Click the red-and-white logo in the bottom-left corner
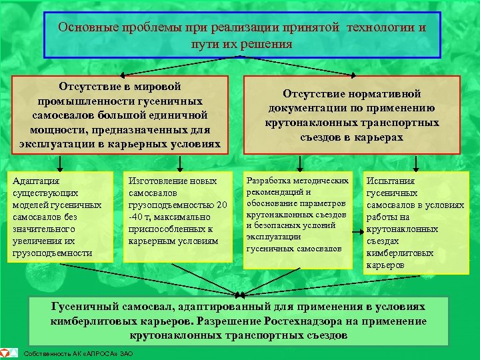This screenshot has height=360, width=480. click(x=7, y=352)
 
